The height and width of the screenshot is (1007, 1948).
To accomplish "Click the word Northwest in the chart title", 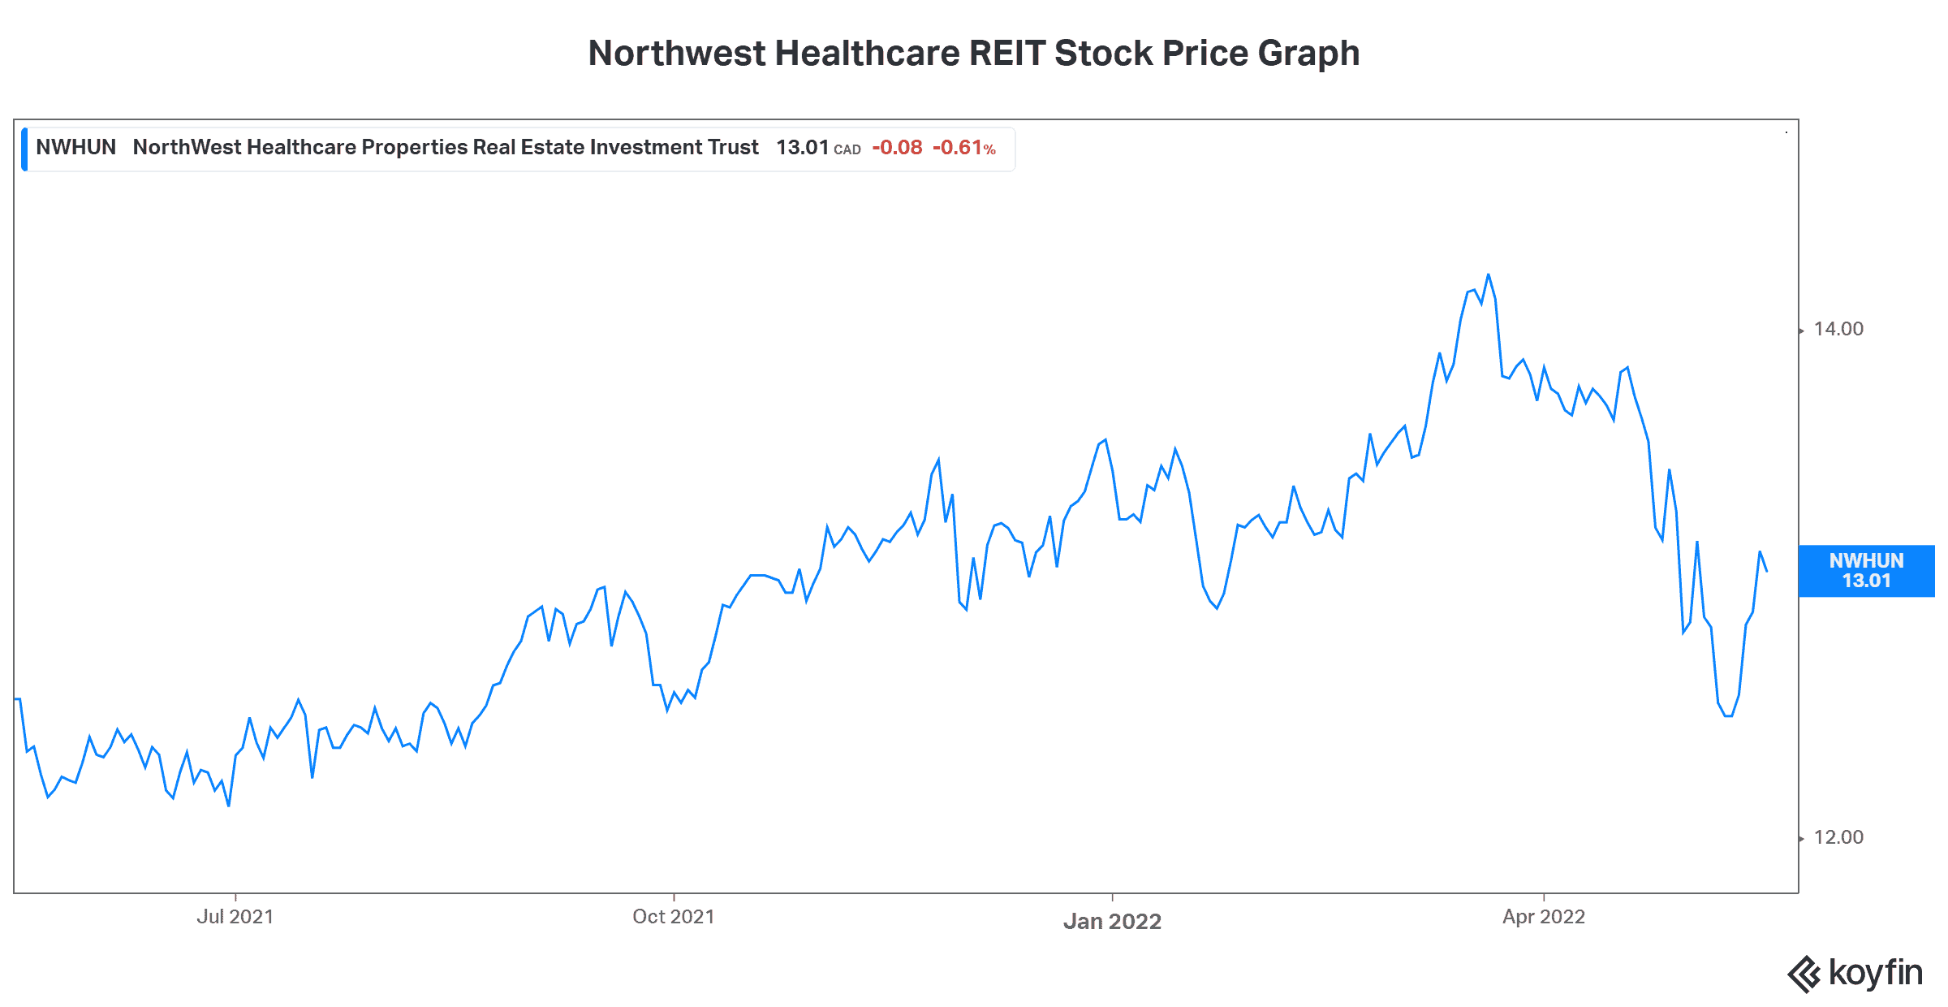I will (x=676, y=54).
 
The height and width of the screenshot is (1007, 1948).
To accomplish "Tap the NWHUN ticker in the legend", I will (x=75, y=147).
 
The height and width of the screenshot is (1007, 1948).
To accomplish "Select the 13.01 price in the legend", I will (x=801, y=147).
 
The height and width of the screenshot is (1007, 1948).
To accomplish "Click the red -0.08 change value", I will (x=897, y=147).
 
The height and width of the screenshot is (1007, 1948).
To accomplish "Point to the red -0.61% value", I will (x=963, y=147).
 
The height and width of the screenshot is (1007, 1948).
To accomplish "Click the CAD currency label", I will (x=847, y=149).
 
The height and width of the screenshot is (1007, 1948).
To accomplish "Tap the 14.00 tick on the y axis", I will (x=1838, y=329).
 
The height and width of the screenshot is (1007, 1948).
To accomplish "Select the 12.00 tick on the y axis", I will (x=1838, y=837).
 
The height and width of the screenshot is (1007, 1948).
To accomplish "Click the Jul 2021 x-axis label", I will (x=235, y=917).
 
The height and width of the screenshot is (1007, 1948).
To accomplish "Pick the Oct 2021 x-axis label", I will (x=673, y=917).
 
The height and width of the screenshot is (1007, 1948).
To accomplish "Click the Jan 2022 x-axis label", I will (x=1112, y=921).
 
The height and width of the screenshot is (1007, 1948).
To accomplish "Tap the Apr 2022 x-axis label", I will (x=1543, y=917).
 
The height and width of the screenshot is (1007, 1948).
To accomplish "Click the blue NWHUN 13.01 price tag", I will (x=1865, y=571).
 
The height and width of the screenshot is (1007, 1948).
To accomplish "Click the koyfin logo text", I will (x=1875, y=972).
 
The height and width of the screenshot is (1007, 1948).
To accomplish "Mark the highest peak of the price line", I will (x=1488, y=275).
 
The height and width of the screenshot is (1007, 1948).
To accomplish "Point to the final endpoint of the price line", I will (x=1766, y=571).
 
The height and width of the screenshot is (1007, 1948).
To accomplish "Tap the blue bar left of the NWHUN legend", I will (x=25, y=149).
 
